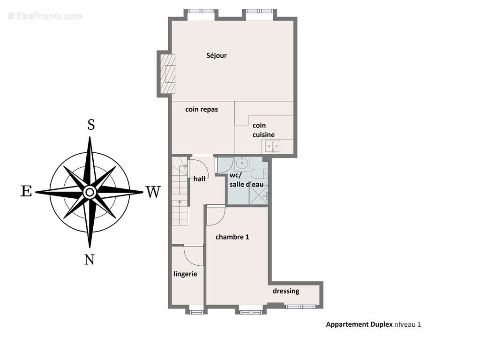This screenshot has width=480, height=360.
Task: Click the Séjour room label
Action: [217, 56]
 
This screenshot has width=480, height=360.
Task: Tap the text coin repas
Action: [202, 110]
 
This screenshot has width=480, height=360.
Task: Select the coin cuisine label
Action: [263, 130]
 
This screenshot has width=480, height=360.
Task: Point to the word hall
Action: [199, 179]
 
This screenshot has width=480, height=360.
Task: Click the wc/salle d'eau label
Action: [246, 180]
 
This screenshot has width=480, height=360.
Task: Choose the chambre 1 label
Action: [232, 237]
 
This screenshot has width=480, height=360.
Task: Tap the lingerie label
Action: [185, 274]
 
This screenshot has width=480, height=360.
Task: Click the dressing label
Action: [286, 291]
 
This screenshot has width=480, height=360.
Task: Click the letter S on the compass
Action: [91, 125]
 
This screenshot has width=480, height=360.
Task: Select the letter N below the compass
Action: [90, 259]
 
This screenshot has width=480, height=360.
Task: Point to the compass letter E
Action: [26, 191]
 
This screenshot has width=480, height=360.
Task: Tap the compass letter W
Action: [152, 192]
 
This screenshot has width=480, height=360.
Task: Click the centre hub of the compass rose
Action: [90, 192]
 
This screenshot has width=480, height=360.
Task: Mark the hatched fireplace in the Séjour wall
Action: [168, 74]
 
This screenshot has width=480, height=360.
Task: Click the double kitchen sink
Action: [272, 147]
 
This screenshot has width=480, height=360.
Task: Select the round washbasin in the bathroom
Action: [242, 164]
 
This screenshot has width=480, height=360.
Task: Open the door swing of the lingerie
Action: [193, 255]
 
